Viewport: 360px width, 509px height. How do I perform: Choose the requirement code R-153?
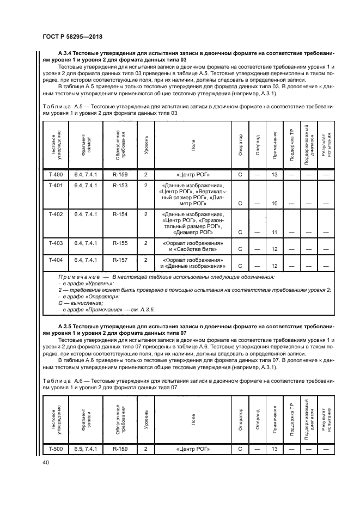[x=120, y=186]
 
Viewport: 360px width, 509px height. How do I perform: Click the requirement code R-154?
[x=120, y=214]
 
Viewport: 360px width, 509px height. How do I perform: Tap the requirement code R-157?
[x=120, y=260]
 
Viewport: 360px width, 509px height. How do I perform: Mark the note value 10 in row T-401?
[x=274, y=204]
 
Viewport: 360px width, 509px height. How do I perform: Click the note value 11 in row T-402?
[x=274, y=232]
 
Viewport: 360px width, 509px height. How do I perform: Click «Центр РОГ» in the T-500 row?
[x=193, y=449]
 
